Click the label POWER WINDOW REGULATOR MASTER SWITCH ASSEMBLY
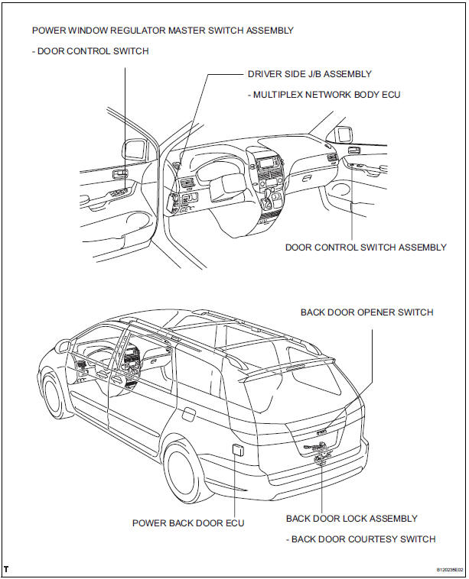[x=163, y=31]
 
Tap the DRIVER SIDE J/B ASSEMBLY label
[x=309, y=74]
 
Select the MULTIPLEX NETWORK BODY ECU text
[x=324, y=95]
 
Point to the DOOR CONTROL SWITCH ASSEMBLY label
[x=366, y=247]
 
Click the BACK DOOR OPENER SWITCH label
[x=366, y=312]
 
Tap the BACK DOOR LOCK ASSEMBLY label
[x=351, y=519]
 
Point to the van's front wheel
[x=55, y=397]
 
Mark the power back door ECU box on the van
[x=236, y=449]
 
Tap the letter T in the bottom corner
[x=6, y=570]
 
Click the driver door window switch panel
[x=119, y=175]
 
